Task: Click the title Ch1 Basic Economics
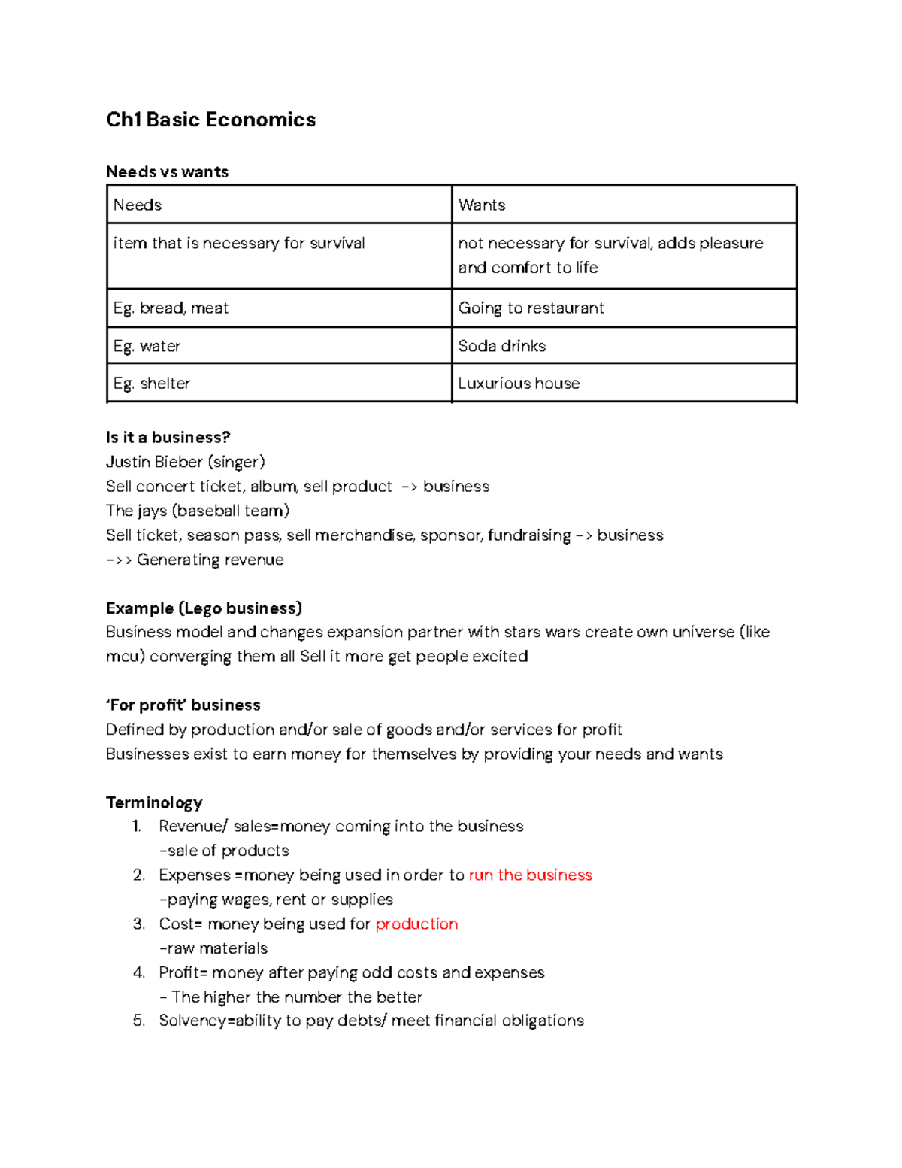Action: (210, 120)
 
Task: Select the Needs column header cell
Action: (279, 205)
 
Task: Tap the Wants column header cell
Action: (624, 205)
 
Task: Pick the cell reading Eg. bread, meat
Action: (279, 308)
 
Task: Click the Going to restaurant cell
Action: (624, 308)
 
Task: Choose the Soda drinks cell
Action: (624, 346)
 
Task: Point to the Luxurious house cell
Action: (624, 384)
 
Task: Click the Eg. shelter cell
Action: (279, 384)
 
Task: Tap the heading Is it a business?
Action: (168, 438)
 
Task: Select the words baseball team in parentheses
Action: (231, 511)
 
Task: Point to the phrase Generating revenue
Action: (210, 560)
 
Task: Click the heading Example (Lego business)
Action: (204, 608)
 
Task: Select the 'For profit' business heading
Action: (183, 705)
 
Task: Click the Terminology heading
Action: (154, 802)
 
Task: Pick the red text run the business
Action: (530, 875)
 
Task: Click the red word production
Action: (416, 924)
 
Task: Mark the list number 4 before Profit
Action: (138, 972)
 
